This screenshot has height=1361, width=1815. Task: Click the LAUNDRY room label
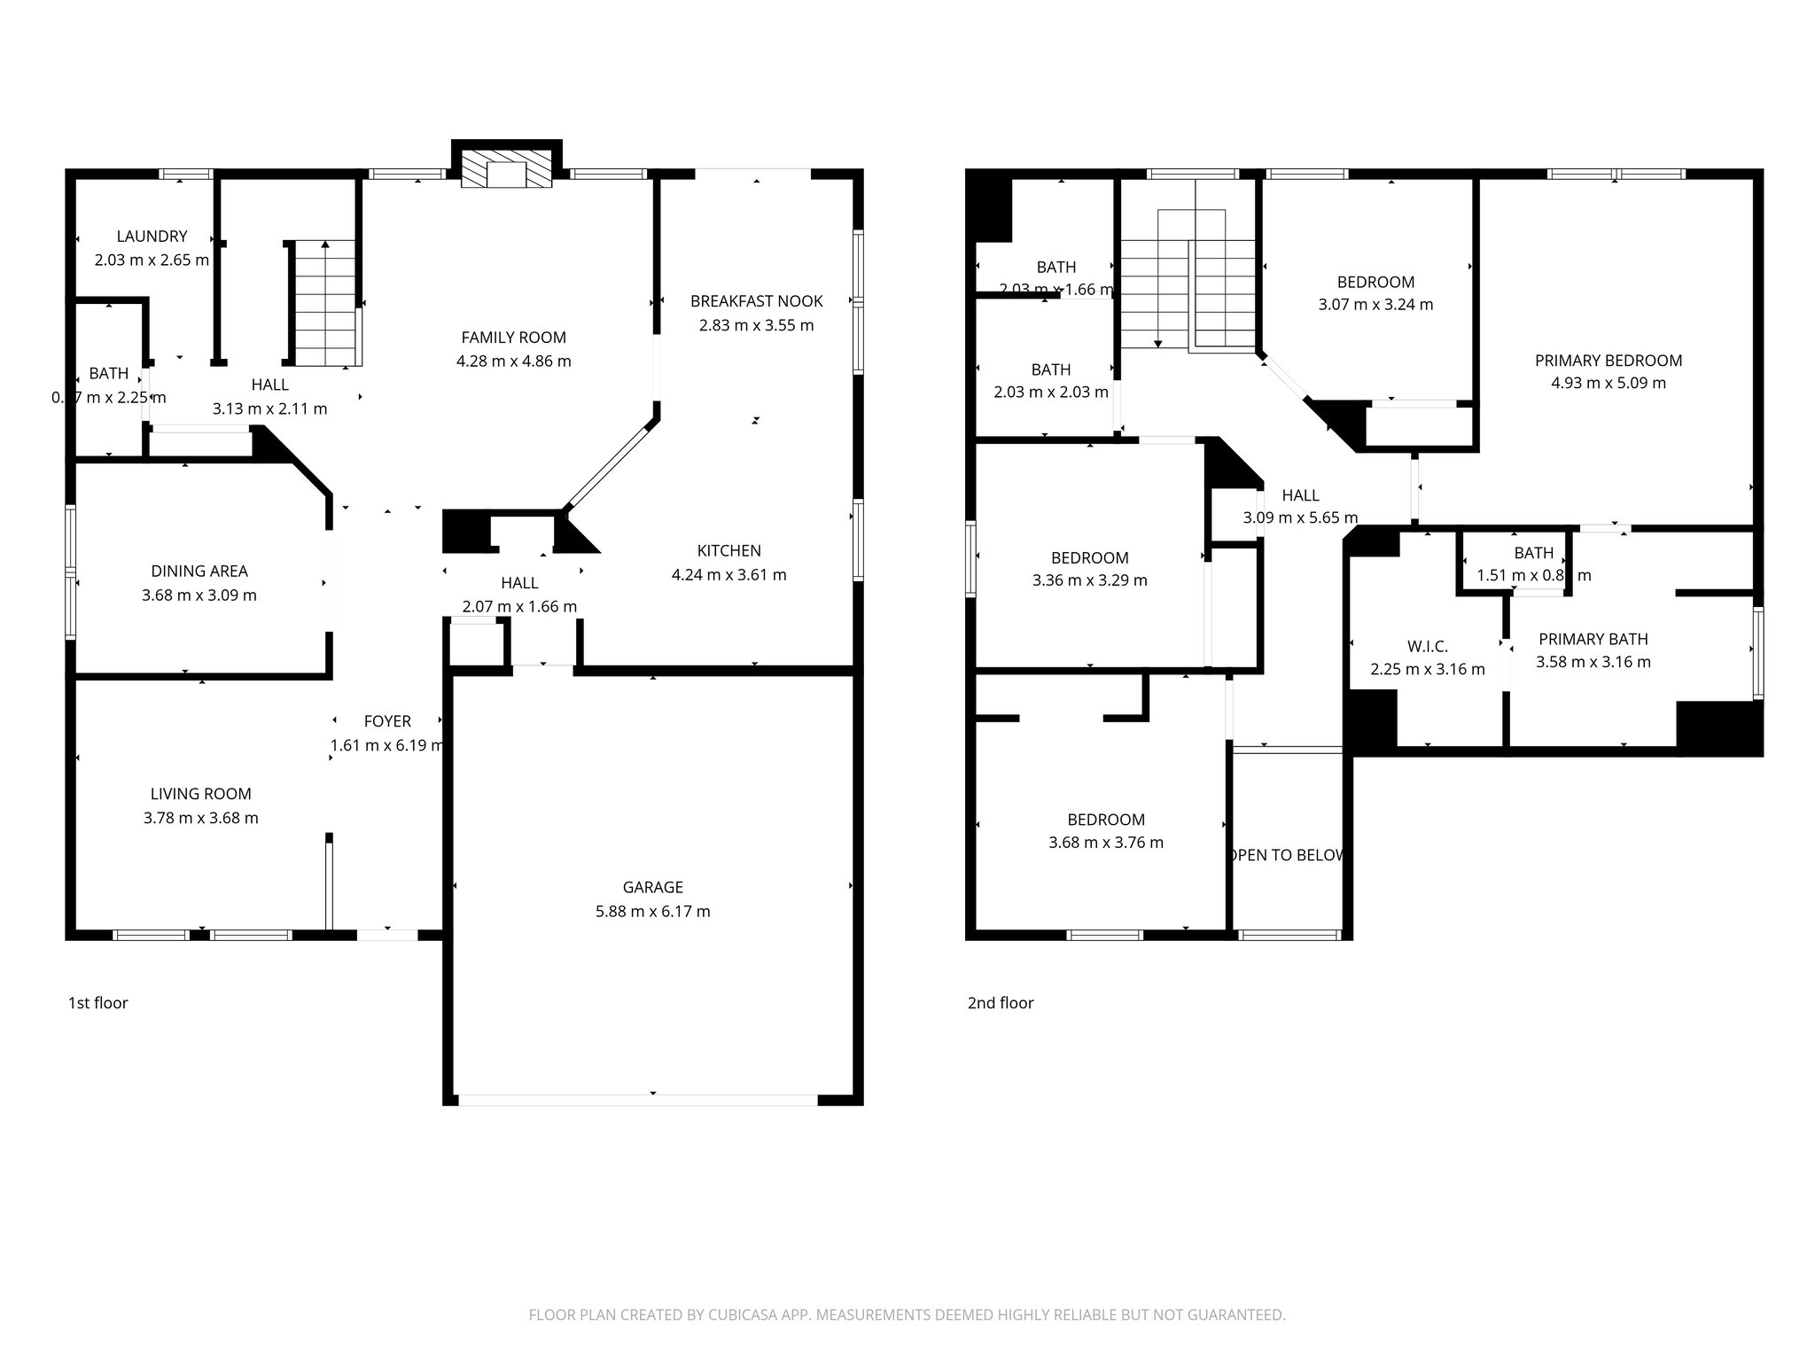click(152, 237)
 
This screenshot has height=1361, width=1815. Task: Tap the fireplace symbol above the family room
click(507, 169)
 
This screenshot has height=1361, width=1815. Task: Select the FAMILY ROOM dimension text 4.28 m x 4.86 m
click(513, 362)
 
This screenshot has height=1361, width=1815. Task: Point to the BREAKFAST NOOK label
click(756, 301)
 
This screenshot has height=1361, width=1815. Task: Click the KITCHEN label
click(728, 550)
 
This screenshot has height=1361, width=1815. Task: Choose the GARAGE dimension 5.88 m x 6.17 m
click(652, 911)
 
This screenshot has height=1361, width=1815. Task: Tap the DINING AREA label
click(199, 572)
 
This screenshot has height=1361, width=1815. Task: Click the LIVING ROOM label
click(200, 794)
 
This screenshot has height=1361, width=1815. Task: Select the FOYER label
click(387, 721)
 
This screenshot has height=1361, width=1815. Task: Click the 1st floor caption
click(97, 1003)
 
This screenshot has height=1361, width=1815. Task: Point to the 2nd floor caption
click(1000, 1003)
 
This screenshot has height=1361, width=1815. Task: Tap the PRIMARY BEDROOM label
click(1608, 361)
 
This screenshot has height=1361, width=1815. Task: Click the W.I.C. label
click(1427, 647)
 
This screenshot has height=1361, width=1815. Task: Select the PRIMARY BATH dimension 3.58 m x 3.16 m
click(1593, 662)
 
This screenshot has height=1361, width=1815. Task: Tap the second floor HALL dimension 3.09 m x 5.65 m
click(1299, 518)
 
